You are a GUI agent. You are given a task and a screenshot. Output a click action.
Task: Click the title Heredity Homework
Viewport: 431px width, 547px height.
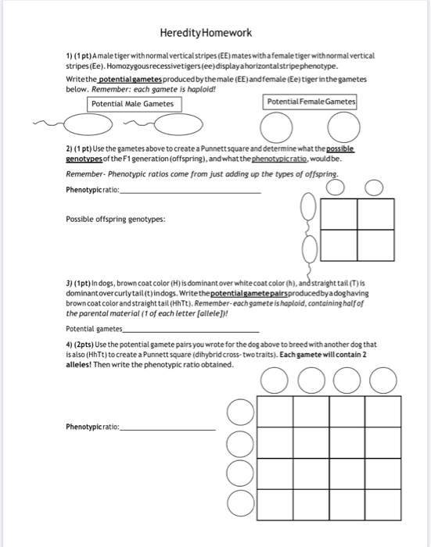click(x=206, y=33)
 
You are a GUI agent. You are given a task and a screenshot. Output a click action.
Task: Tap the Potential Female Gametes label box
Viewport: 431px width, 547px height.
click(x=311, y=102)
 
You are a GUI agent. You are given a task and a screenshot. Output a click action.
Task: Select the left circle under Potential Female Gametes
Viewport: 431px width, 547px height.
click(x=273, y=128)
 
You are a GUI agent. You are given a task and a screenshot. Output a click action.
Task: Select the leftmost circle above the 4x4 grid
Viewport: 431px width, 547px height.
click(x=274, y=381)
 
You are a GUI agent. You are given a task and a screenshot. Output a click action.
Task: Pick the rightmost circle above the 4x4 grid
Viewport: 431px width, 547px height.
click(x=383, y=381)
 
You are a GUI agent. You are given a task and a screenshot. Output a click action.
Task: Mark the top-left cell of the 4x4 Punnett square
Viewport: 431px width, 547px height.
click(x=273, y=411)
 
